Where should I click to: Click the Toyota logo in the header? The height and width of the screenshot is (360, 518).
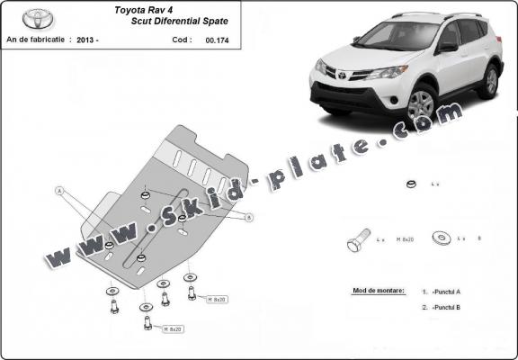37,18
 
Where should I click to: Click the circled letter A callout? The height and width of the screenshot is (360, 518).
59,191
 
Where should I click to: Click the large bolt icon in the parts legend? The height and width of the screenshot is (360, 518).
356,241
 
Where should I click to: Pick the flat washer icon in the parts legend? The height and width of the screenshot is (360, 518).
442,238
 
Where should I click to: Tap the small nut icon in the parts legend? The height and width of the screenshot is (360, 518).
409,185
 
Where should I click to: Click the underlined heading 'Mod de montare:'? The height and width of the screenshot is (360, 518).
374,292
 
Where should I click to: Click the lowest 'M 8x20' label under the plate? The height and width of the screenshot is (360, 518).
173,329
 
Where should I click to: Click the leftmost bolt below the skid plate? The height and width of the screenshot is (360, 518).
113,305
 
